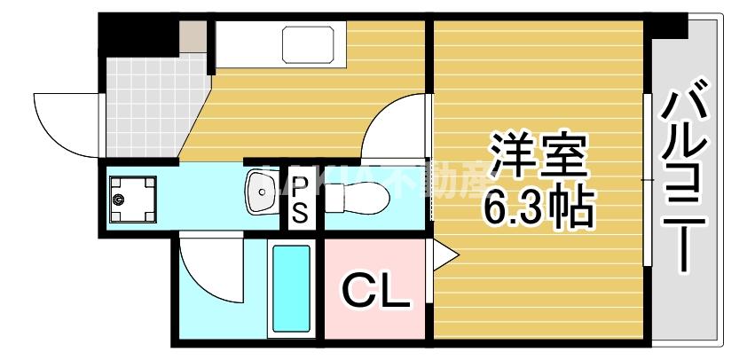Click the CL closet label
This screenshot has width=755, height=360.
coord(376,290)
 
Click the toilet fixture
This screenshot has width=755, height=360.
coord(355,197)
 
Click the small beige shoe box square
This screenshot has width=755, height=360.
coord(193,35)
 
